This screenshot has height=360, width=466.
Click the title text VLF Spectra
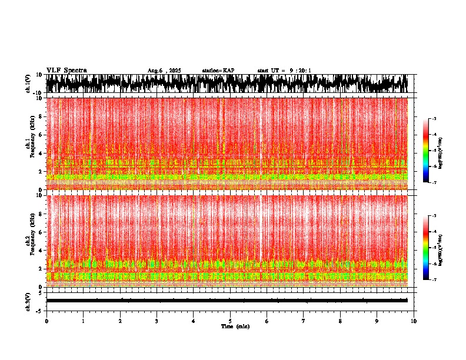[66, 70]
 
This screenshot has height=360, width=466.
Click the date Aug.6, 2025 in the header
[164, 71]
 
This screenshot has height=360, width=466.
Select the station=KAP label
[218, 71]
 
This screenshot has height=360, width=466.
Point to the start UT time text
[284, 71]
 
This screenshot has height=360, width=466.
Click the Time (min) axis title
[235, 326]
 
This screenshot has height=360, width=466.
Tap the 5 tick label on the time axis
[230, 321]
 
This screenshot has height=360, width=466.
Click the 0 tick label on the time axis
[46, 321]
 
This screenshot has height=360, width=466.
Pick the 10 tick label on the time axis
[414, 321]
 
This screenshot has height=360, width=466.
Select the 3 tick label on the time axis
[157, 321]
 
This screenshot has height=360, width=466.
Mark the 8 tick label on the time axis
[340, 321]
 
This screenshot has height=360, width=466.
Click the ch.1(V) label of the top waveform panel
[28, 84]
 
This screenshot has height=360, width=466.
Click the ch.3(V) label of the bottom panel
[28, 301]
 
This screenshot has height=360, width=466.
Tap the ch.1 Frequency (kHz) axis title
[29, 143]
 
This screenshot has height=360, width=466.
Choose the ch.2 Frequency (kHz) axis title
[29, 240]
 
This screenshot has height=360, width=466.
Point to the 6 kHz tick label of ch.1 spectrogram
[41, 135]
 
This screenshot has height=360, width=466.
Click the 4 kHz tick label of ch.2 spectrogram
[41, 251]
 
